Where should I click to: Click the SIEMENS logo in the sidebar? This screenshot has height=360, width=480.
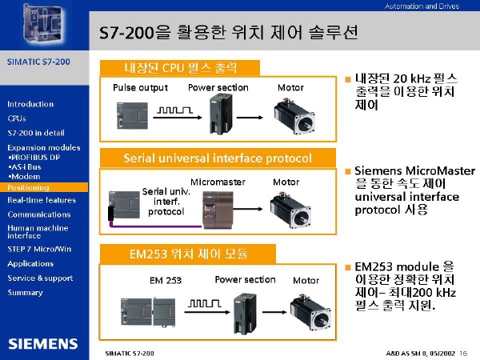(x=43, y=344)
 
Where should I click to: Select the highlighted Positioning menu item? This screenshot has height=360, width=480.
(x=28, y=187)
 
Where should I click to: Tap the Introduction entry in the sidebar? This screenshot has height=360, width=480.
(x=30, y=104)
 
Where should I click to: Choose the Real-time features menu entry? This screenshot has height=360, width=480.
(x=42, y=200)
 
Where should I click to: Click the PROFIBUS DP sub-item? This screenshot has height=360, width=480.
(x=34, y=158)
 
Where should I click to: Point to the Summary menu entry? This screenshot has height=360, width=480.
(x=25, y=293)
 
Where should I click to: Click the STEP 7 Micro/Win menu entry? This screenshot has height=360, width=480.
(x=39, y=249)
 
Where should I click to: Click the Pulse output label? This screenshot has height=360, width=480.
(x=140, y=88)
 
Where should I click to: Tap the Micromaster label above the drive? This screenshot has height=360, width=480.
(x=218, y=182)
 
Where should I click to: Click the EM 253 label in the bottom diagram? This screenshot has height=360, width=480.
(x=166, y=281)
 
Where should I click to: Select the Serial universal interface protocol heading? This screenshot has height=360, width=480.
(x=218, y=158)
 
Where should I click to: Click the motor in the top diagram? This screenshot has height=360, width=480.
(x=294, y=116)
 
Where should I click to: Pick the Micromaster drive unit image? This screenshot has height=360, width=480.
(x=218, y=210)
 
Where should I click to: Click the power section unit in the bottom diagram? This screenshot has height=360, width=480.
(x=246, y=313)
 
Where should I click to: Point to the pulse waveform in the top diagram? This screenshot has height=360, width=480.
(x=174, y=110)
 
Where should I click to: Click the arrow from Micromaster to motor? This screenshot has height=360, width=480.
(x=248, y=209)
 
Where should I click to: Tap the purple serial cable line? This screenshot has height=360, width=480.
(x=155, y=226)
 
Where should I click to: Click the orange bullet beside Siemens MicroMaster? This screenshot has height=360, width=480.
(x=348, y=171)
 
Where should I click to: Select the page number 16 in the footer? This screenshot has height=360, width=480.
(x=463, y=354)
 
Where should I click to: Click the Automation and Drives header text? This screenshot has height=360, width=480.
(x=422, y=6)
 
